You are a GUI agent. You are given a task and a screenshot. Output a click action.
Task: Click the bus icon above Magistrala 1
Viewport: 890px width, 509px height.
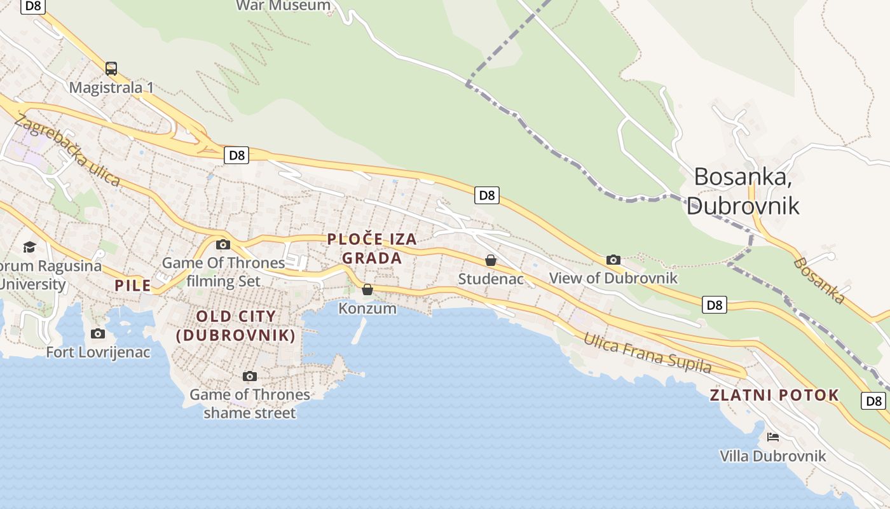(111, 68)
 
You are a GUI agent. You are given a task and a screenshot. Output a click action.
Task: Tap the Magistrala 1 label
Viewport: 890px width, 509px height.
(111, 87)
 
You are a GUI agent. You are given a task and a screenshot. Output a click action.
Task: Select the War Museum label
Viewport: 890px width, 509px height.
(284, 6)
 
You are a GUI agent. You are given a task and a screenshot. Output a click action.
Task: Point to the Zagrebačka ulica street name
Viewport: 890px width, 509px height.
(67, 151)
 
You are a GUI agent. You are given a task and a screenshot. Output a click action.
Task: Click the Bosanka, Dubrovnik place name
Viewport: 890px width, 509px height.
(743, 190)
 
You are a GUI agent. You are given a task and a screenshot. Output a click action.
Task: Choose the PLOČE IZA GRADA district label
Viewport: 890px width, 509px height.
(372, 249)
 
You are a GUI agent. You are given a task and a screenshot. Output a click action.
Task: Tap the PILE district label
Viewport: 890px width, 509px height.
(133, 285)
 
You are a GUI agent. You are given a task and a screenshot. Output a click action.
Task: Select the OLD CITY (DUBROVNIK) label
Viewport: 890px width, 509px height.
(236, 326)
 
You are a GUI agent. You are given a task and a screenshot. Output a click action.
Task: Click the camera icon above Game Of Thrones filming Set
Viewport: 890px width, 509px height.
(222, 244)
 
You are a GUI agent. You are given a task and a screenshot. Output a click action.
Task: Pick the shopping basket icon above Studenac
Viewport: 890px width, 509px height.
(490, 260)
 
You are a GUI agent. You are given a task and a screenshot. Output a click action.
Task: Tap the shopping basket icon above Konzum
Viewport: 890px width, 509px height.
(367, 290)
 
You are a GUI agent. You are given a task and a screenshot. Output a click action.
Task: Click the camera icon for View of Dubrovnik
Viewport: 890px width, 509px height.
(613, 260)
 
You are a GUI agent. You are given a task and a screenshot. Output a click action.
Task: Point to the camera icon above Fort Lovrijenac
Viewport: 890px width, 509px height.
(98, 333)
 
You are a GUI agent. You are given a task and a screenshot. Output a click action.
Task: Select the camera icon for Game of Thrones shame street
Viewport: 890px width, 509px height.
(250, 376)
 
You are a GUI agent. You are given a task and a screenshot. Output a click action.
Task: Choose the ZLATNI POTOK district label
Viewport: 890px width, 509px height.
(774, 395)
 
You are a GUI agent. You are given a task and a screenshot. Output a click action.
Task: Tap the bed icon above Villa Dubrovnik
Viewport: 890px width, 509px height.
(773, 437)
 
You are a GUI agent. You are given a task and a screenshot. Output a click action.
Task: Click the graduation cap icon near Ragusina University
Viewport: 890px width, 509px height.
(29, 247)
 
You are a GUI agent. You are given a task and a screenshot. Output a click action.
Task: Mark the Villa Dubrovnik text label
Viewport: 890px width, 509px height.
(773, 456)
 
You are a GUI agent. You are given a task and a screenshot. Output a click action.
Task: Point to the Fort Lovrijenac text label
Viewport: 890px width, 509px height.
(99, 352)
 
